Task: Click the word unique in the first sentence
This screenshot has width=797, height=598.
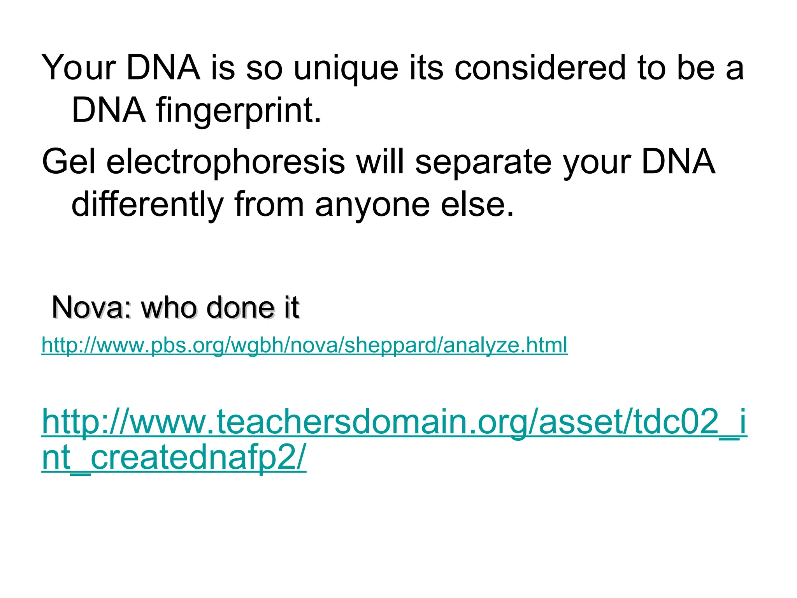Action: tap(346, 69)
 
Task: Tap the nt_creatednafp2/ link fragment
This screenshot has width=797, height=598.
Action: tap(174, 457)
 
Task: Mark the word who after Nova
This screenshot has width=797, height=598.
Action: tap(168, 307)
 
